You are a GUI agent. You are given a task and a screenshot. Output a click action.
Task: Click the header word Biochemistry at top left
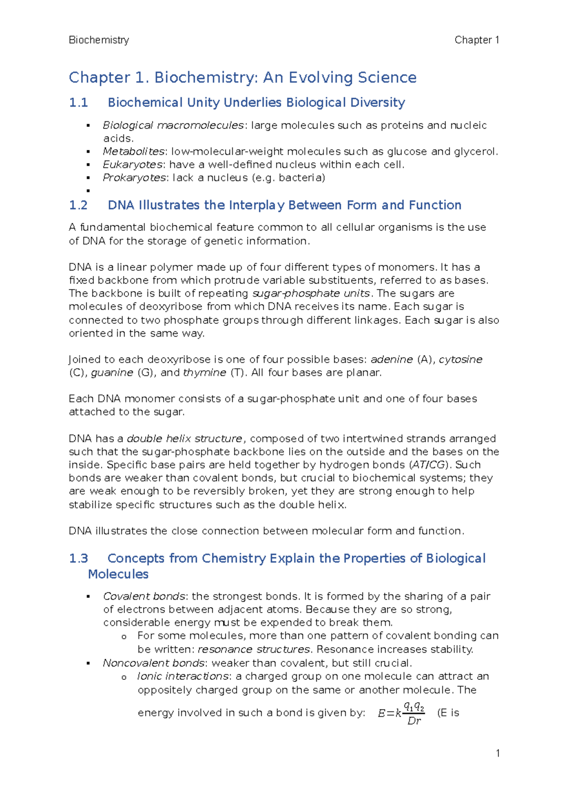(99, 40)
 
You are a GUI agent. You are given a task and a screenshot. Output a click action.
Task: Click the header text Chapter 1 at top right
(477, 40)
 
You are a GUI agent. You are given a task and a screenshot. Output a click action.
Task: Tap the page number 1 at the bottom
(497, 753)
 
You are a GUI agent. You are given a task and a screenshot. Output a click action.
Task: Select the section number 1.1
(78, 103)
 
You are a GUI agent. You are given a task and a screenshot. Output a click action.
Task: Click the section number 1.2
(78, 205)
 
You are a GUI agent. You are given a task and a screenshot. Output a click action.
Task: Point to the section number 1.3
(78, 558)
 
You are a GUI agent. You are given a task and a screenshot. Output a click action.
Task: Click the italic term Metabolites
(133, 152)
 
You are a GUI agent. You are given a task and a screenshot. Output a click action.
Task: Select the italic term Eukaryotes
(133, 165)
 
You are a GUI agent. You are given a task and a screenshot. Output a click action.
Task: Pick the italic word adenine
(392, 359)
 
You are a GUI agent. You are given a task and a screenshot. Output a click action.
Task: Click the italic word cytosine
(460, 359)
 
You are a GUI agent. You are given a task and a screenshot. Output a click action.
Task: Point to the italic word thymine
(204, 373)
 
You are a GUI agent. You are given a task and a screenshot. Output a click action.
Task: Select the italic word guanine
(112, 373)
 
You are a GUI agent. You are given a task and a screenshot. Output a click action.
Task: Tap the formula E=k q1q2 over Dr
(401, 713)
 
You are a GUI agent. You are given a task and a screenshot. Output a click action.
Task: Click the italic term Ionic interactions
(183, 677)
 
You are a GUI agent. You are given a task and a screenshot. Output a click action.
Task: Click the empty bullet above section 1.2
(88, 191)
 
